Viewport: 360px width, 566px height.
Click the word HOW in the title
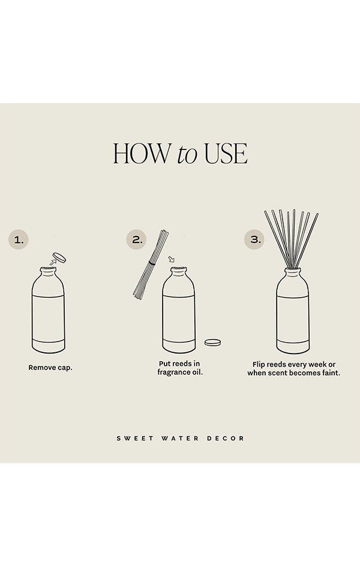tap(142, 154)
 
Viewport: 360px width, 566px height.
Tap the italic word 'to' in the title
tap(187, 154)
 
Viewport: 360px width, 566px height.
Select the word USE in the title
tap(226, 154)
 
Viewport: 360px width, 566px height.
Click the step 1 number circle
tap(19, 239)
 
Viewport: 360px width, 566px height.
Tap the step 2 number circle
tap(136, 239)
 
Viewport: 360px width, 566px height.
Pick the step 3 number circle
tap(254, 239)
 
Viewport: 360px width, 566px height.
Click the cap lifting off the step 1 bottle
tap(59, 257)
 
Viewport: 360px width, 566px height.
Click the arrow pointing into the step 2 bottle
tap(172, 259)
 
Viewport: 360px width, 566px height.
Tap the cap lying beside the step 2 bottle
tap(212, 342)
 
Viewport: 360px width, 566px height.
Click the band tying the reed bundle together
tap(152, 263)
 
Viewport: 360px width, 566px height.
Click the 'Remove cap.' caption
tap(50, 367)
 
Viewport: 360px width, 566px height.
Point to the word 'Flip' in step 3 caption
tap(258, 364)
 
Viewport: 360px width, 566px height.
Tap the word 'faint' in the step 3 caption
tap(331, 373)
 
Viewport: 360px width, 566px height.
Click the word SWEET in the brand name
tap(135, 438)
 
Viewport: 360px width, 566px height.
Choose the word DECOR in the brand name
tap(226, 438)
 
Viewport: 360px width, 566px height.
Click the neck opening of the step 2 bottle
tap(179, 269)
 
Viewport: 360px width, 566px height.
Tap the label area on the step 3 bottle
tap(293, 318)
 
